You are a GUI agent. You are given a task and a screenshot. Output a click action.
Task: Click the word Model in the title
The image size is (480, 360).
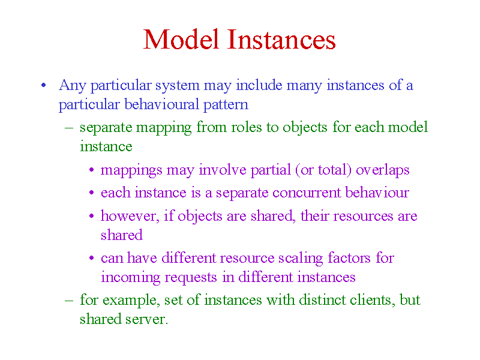pyautogui.click(x=181, y=39)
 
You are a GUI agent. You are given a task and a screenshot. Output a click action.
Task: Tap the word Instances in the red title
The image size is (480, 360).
pyautogui.click(x=281, y=39)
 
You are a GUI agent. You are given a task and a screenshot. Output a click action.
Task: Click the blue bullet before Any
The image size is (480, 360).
pyautogui.click(x=44, y=85)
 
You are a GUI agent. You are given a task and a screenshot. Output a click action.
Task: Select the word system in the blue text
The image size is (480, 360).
pyautogui.click(x=177, y=85)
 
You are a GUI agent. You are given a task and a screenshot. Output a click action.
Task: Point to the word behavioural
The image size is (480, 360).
pyautogui.click(x=161, y=104)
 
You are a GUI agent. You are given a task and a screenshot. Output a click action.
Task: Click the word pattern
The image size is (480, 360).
pyautogui.click(x=226, y=105)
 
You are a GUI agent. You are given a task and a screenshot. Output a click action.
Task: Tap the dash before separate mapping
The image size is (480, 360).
pyautogui.click(x=69, y=127)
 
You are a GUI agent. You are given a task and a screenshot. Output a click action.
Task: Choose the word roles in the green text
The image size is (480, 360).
pyautogui.click(x=246, y=127)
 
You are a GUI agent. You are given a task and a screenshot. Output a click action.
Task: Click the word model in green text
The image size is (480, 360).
pyautogui.click(x=408, y=127)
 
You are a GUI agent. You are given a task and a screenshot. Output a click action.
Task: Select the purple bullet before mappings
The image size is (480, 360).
pyautogui.click(x=92, y=170)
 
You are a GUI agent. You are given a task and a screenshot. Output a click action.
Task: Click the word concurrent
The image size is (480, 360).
pyautogui.click(x=307, y=193)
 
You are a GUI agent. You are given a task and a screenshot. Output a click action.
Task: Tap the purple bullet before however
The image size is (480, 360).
pyautogui.click(x=92, y=216)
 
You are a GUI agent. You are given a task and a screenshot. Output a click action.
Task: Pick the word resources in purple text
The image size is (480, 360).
pyautogui.click(x=363, y=216)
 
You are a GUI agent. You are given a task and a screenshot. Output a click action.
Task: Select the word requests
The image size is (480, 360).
pyautogui.click(x=191, y=278)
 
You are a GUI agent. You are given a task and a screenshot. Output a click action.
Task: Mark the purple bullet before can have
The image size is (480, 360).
pyautogui.click(x=92, y=258)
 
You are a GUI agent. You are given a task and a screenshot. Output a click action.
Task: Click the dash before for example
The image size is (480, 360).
pyautogui.click(x=69, y=300)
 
